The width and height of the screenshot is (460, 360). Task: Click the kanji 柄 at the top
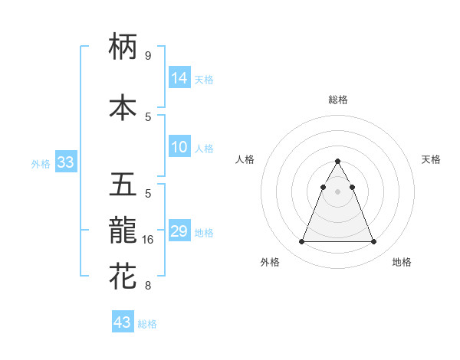pos(123,47)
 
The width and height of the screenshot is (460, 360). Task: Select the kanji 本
pos(123,108)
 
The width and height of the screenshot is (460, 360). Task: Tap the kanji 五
pos(123,185)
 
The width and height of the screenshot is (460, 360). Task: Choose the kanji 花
pos(123,277)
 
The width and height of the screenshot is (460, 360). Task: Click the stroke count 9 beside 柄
pos(147,55)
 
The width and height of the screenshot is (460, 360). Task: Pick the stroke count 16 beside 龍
pos(149,240)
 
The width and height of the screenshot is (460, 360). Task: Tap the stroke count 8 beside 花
pos(147,286)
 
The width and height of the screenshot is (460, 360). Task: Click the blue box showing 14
pos(179,77)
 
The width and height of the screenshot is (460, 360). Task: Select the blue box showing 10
pos(179,148)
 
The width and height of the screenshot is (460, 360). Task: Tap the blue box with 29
pos(179,231)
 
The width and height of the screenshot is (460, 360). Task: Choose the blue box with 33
pos(65,162)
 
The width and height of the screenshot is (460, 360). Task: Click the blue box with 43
pos(123,322)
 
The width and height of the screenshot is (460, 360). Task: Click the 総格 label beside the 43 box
pos(147,324)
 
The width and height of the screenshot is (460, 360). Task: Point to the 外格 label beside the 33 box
pos(41,163)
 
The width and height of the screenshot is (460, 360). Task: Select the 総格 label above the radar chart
pos(338,100)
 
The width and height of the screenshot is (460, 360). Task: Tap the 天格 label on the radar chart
pos(431,159)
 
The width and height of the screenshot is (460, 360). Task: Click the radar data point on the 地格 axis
pos(374,242)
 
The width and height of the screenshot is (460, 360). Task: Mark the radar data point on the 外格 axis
pos(301,242)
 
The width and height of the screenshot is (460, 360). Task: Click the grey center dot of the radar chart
pos(337,191)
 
